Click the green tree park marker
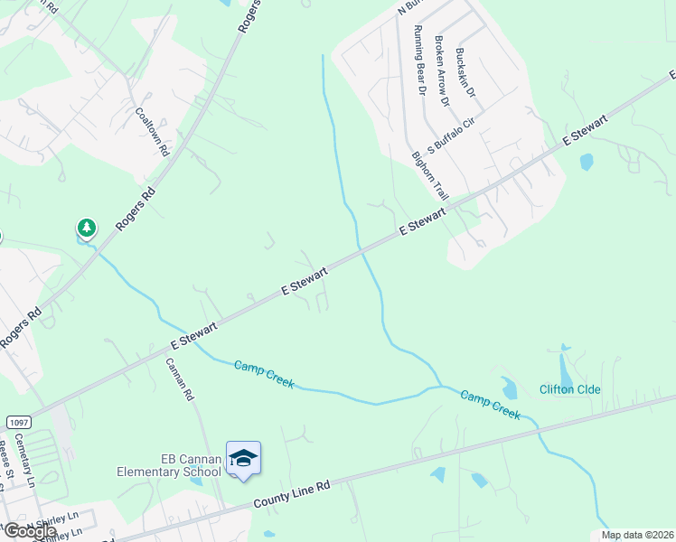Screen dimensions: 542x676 click(x=86, y=228)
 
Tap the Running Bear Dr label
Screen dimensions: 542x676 click(x=418, y=60)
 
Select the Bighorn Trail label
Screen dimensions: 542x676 click(x=430, y=175)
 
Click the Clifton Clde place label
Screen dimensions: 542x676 click(x=569, y=389)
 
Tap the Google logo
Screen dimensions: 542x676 click(x=29, y=531)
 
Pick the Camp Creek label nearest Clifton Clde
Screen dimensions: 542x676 click(x=490, y=404)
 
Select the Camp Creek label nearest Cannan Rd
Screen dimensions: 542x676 click(x=264, y=374)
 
